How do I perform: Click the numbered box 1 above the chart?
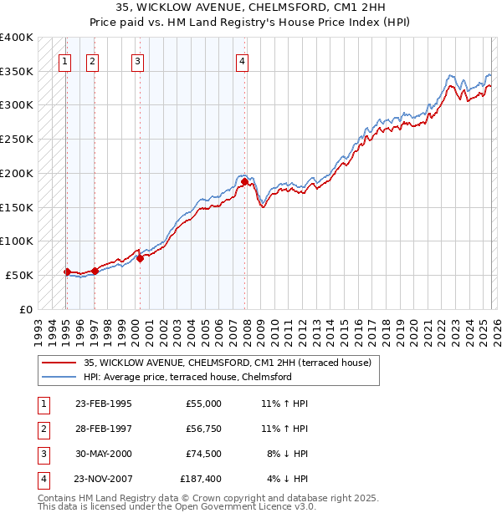click(65, 60)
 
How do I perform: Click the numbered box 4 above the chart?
click(242, 60)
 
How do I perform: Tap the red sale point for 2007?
click(244, 181)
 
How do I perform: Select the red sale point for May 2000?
click(140, 258)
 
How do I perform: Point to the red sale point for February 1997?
click(95, 270)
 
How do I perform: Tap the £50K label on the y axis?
click(19, 275)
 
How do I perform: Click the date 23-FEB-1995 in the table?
click(103, 404)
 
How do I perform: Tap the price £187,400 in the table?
click(201, 479)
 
